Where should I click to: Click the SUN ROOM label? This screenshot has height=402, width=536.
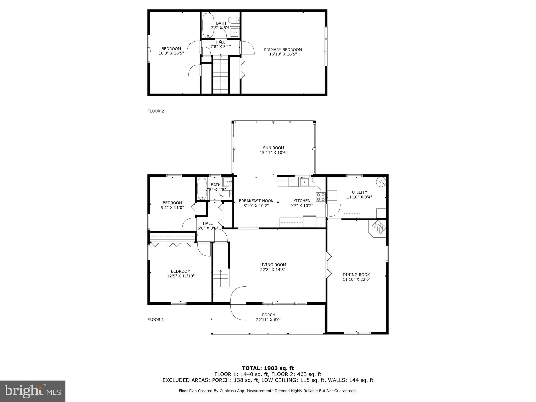point(273,148)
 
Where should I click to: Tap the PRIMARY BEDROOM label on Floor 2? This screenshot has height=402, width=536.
point(283,49)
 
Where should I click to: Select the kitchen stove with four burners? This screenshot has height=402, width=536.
point(321,197)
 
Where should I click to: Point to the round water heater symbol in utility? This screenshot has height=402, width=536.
point(381,182)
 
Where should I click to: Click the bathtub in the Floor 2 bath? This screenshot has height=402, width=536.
point(208,25)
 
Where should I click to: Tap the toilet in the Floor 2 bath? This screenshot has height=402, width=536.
point(233,20)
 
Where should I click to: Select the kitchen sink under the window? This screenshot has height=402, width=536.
point(304,181)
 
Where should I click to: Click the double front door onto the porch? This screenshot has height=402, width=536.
point(238,303)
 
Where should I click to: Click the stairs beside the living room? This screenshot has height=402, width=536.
point(221,278)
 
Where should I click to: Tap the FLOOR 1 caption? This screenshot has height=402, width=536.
point(155,320)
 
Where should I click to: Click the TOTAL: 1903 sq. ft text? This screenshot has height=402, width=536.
point(268,368)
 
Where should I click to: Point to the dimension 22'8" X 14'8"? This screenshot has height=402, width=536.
point(272,270)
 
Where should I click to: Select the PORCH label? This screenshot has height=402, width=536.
point(269,315)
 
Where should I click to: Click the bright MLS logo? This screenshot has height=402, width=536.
point(33,391)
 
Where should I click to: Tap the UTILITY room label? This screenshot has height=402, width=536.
point(359,192)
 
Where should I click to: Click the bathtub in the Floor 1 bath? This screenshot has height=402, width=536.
point(202,189)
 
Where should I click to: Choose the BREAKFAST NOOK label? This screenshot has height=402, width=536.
point(256,201)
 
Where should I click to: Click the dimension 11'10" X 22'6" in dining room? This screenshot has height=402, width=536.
point(356,279)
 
